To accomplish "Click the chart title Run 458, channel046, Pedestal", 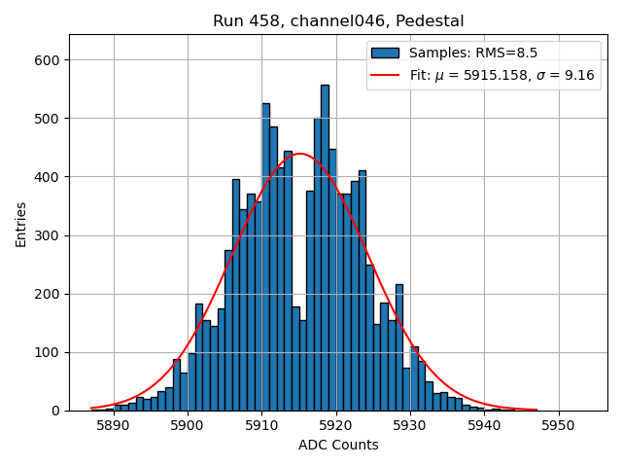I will click(x=338, y=20).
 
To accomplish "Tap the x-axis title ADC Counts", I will click(x=338, y=446).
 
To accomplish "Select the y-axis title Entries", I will click(x=20, y=223).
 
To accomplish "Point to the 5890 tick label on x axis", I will click(x=114, y=426).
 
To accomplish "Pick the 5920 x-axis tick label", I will click(x=335, y=426).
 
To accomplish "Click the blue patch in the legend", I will click(x=385, y=53).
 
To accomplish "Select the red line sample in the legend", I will click(x=385, y=75).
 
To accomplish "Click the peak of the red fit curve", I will click(x=300, y=154).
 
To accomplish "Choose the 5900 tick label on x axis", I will click(x=188, y=426).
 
